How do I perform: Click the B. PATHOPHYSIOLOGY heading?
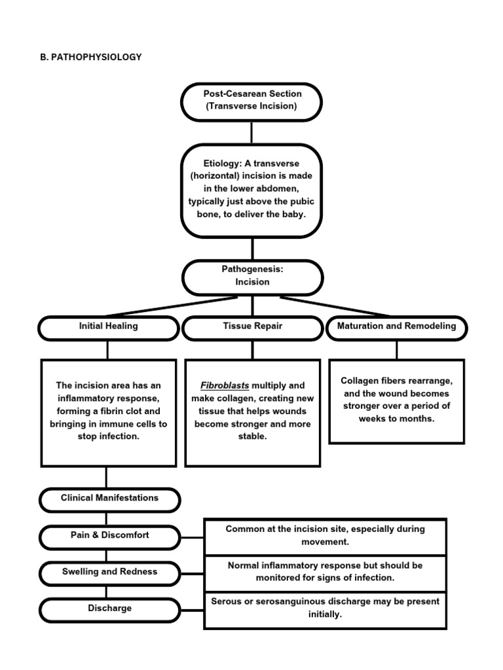[91, 57]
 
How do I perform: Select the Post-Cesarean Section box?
[251, 101]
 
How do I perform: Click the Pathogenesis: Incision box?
[252, 276]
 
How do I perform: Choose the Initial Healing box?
[108, 326]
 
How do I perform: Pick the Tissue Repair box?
[252, 326]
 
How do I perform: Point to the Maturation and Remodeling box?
[396, 326]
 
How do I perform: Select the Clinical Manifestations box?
[109, 498]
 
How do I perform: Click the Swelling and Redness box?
[109, 572]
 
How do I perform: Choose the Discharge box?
[109, 608]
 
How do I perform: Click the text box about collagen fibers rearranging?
[396, 400]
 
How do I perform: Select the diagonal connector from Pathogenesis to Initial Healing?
[167, 306]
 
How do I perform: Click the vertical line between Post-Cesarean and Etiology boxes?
[251, 132]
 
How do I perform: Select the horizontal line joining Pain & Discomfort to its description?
[192, 538]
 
